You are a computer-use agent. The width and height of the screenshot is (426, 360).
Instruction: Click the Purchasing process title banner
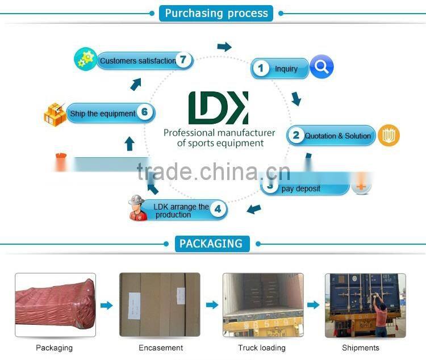pos(216,13)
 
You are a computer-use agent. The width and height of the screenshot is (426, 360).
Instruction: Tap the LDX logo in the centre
pos(218,108)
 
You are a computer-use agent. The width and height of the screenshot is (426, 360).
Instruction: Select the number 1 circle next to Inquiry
pos(261,69)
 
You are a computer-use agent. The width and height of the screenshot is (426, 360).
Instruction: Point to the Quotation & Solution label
pos(337,136)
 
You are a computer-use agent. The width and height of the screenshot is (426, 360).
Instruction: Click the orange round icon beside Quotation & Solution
pos(389,135)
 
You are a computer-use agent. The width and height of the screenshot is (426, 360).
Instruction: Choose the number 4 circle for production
pos(218,209)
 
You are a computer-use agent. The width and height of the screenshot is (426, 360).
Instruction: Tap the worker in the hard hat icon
pos(138,208)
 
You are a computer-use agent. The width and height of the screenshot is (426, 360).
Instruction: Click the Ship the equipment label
pos(103,114)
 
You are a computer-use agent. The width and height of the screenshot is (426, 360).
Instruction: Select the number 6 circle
pos(145,112)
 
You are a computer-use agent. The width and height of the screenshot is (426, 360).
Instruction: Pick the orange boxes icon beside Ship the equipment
pos(55,114)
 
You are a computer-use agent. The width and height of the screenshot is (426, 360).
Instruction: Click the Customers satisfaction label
pos(138,61)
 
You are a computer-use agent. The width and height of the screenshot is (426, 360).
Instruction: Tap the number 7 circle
pos(183,60)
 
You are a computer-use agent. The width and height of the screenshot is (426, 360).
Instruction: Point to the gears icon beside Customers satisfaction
pos(85,60)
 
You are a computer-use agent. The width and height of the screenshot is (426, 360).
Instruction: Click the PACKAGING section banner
pos(211,244)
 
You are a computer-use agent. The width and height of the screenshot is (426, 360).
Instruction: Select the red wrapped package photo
pos(55,305)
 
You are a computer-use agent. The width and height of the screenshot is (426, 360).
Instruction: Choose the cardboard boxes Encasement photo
pos(160,305)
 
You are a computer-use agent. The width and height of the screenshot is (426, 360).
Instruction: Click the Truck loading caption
pos(262,348)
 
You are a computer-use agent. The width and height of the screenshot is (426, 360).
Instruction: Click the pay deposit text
pos(301,189)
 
